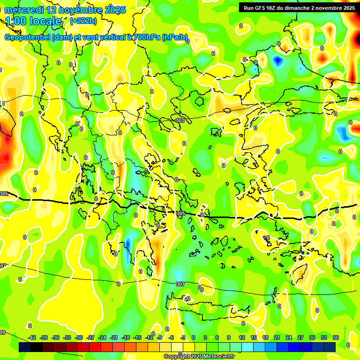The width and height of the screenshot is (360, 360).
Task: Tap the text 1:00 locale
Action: (34, 21)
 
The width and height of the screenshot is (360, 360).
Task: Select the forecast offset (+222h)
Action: (83, 21)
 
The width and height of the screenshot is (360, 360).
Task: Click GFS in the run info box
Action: (262, 8)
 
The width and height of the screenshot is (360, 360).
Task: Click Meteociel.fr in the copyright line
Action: (216, 356)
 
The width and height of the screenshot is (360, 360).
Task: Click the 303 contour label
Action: (180, 120)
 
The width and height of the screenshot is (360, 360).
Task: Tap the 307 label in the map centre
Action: (180, 284)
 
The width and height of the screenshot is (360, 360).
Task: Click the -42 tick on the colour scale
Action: (32, 337)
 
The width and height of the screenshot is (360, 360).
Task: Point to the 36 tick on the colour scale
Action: (336, 337)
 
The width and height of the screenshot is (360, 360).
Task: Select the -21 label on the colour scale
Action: (114, 337)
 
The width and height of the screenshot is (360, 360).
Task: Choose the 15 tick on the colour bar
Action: (253, 337)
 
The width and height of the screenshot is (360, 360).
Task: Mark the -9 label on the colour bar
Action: (160, 337)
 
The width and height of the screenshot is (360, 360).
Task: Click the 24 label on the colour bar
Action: (289, 337)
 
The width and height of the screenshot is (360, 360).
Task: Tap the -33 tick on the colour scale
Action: (67, 337)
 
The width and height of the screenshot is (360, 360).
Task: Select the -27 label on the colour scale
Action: (91, 337)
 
